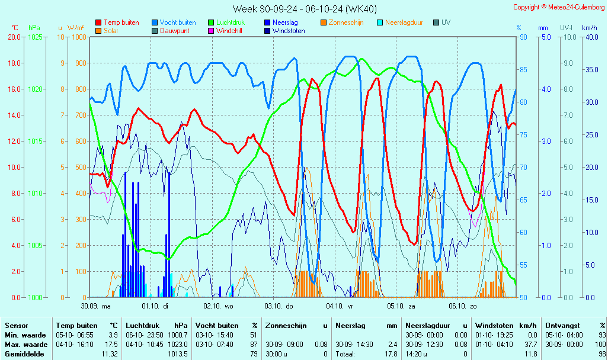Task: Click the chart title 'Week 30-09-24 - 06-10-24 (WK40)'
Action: click(304, 9)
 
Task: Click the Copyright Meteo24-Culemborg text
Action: click(559, 7)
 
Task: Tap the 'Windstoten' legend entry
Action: click(289, 31)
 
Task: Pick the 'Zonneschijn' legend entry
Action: click(346, 22)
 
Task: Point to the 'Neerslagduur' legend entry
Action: click(404, 22)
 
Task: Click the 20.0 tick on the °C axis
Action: click(14, 37)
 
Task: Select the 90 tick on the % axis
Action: click(523, 37)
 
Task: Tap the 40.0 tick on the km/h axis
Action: click(590, 37)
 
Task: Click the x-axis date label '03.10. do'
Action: click(281, 306)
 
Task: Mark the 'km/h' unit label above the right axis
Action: click(589, 28)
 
